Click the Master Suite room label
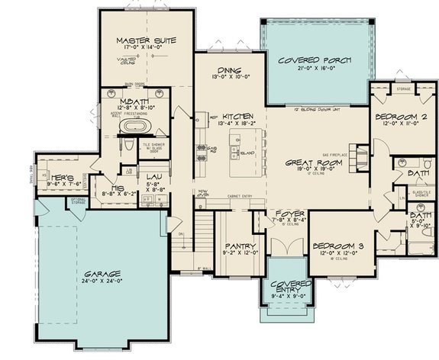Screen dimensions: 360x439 click(146, 40)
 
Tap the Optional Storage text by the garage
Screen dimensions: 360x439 click(77, 202)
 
